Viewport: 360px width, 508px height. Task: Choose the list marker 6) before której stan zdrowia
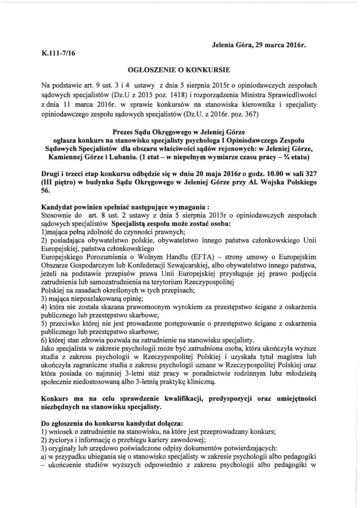pyautogui.click(x=44, y=340)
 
